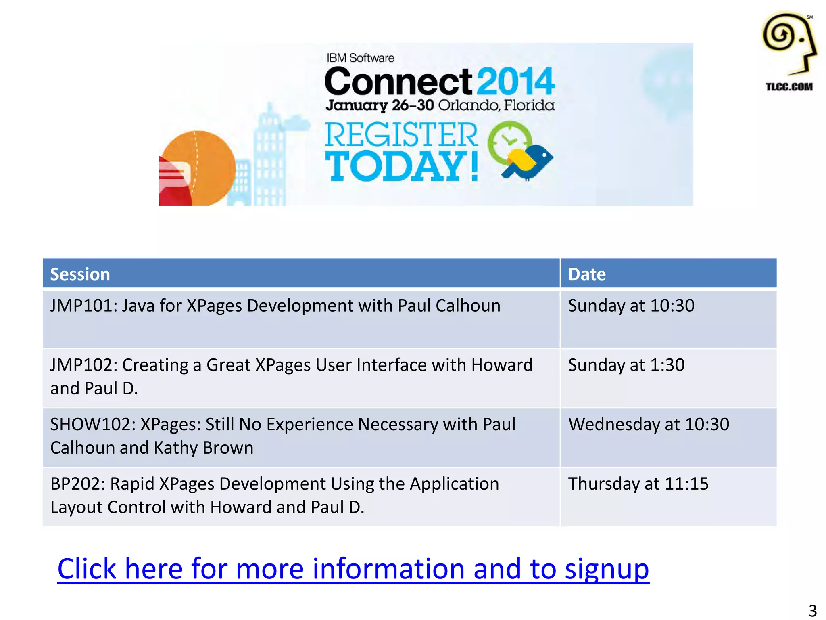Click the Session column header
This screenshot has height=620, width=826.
point(80,274)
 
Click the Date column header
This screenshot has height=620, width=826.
point(587,274)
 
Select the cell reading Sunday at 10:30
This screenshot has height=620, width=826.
point(631,306)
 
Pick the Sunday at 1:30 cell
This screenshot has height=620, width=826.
point(626,365)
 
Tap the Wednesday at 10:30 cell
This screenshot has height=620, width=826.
point(649,424)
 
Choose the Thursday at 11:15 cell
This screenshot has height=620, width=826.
point(638,484)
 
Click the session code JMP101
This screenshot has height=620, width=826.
point(83,306)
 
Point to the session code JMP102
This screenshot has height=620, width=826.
point(83,365)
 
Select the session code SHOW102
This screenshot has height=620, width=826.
point(92,424)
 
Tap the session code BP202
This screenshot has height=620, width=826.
point(77,484)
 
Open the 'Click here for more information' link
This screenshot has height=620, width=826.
point(353,568)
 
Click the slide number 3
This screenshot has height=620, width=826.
point(813,610)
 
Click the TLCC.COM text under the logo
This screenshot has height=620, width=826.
point(789,87)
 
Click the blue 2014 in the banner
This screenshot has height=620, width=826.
point(517,82)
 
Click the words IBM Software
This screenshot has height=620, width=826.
point(360,58)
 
